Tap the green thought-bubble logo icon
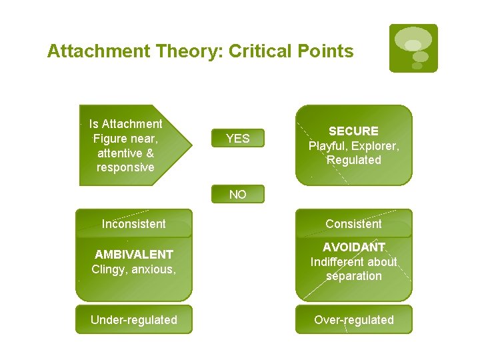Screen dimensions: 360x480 tap(413, 48)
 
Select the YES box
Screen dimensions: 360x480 tap(237, 139)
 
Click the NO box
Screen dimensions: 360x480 tap(237, 194)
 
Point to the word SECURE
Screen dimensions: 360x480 tap(353, 131)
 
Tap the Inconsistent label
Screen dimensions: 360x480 tap(133, 224)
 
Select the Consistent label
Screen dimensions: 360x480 tap(353, 224)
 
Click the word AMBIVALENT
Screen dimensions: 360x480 tap(133, 255)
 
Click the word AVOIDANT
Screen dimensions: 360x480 tap(353, 247)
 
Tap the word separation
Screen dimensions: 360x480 tap(353, 276)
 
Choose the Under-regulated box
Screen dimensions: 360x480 tap(133, 320)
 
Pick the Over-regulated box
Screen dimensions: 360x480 tap(353, 320)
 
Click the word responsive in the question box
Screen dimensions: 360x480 tap(125, 167)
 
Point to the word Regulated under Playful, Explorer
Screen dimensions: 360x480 tap(353, 160)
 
